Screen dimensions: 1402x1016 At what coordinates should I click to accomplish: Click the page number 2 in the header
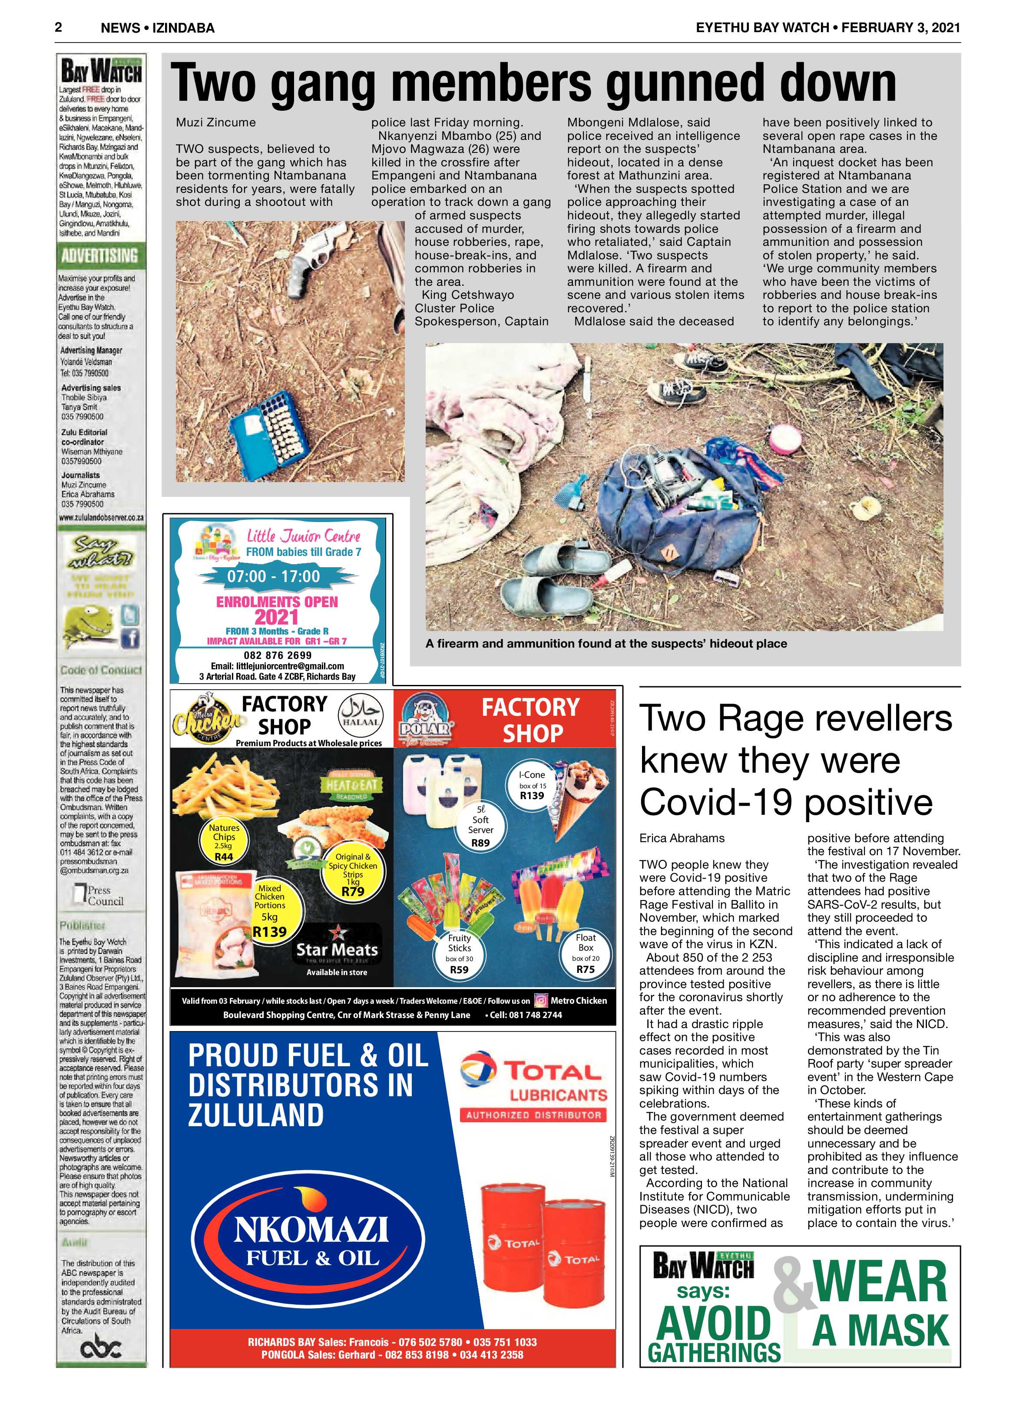59,27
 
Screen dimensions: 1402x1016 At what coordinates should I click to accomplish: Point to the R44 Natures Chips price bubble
224,842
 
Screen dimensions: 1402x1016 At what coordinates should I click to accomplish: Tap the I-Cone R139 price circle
532,785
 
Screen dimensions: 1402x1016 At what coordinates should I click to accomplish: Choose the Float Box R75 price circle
585,954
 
